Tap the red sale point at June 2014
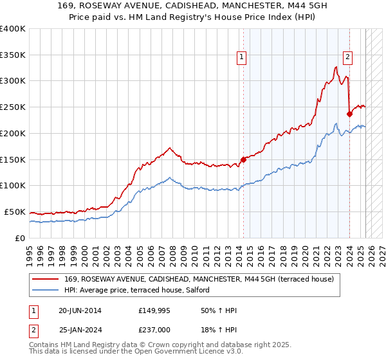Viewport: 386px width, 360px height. click(x=243, y=159)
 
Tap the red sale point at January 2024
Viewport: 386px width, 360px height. click(x=349, y=114)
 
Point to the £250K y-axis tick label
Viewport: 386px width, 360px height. click(x=13, y=107)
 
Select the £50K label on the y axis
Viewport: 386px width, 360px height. click(x=15, y=212)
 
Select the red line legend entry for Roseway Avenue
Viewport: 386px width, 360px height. click(x=199, y=280)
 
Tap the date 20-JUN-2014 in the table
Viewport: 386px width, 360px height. click(x=80, y=311)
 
